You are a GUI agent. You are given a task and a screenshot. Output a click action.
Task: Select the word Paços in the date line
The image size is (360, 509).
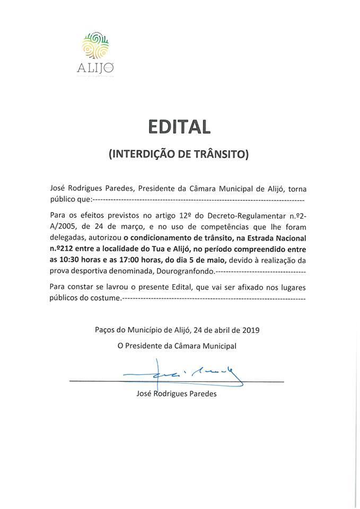click(x=106, y=329)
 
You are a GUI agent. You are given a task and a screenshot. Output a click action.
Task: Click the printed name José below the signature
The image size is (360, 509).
click(x=145, y=394)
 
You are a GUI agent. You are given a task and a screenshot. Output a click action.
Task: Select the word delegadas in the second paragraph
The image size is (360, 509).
click(x=67, y=238)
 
